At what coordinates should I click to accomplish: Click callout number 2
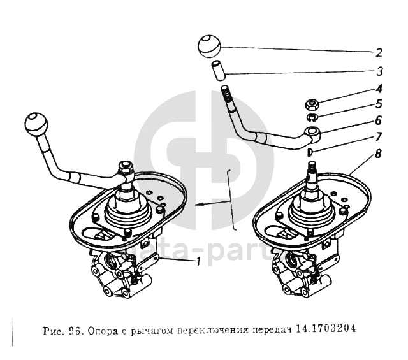tap(379, 53)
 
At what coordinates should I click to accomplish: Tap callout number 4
tap(379, 89)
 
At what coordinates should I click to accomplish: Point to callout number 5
tap(379, 103)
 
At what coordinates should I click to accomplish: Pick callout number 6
tap(379, 119)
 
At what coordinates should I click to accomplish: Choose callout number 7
tap(379, 136)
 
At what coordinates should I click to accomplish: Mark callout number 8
tap(379, 154)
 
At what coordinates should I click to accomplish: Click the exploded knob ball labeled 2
tap(210, 46)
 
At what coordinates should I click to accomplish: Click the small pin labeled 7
tap(310, 152)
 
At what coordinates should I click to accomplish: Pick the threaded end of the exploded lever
tap(226, 97)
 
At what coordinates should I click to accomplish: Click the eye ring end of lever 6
tap(313, 133)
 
